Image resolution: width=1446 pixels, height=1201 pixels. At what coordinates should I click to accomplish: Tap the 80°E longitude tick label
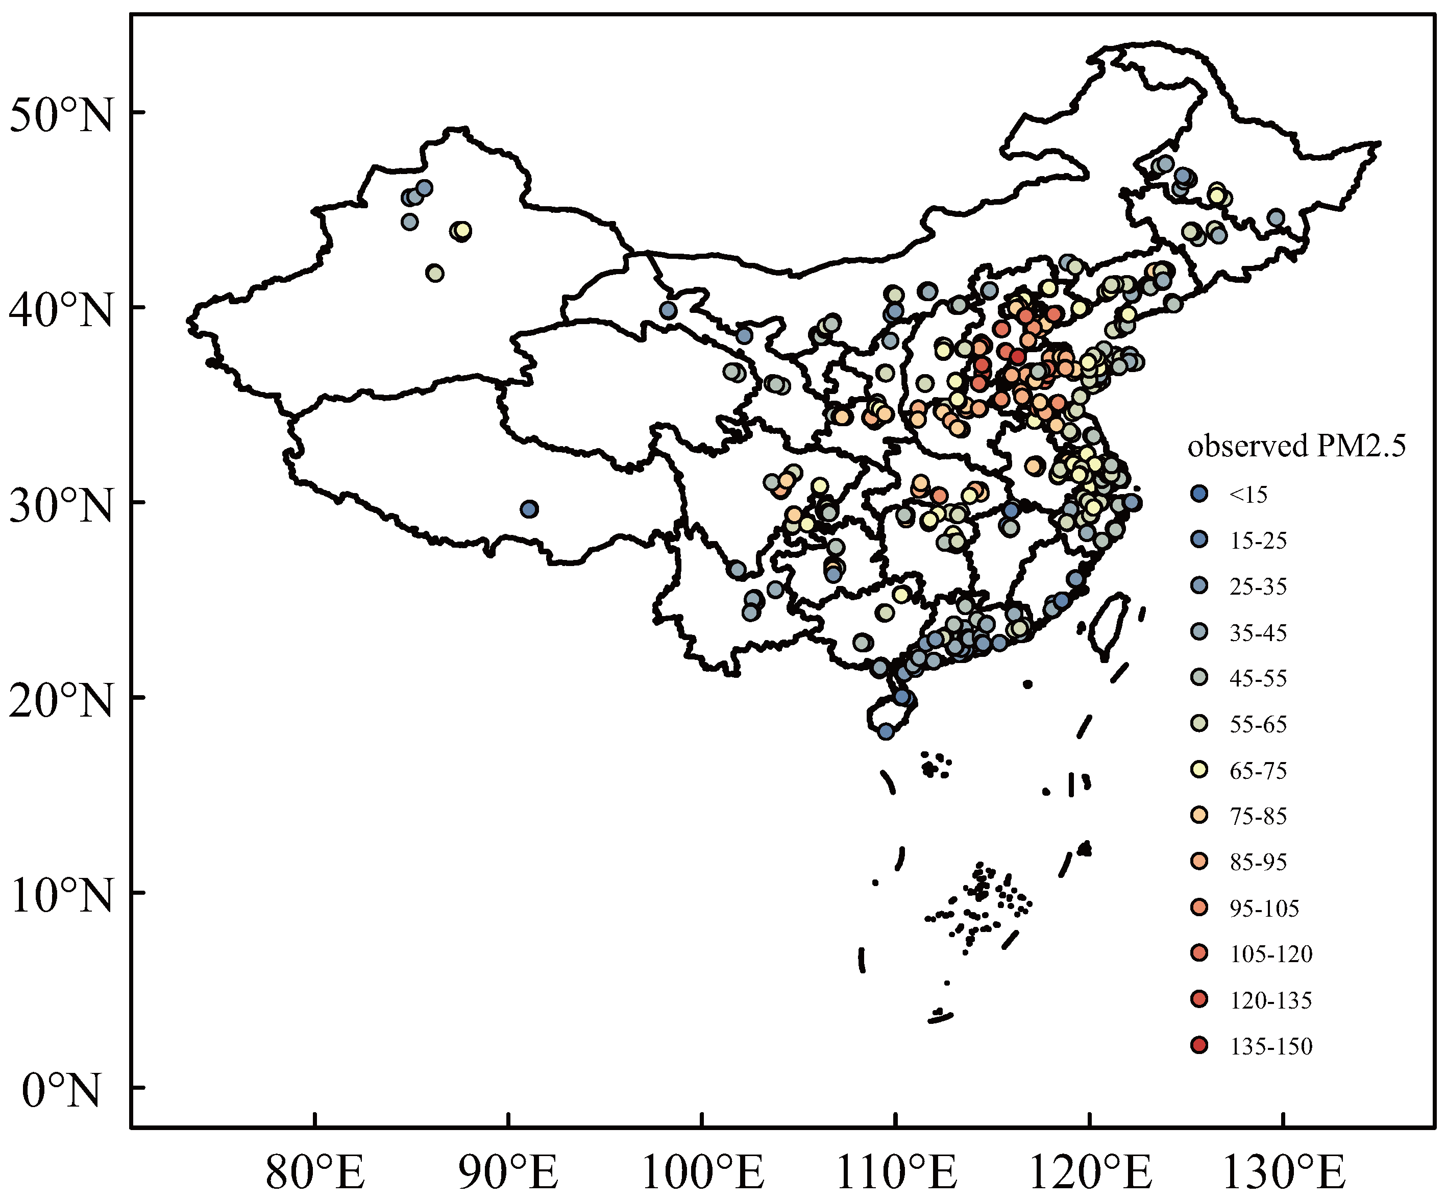[315, 1172]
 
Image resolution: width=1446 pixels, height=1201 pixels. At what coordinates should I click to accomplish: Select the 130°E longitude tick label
[1283, 1172]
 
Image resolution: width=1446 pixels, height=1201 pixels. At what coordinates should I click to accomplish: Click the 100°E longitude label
[702, 1172]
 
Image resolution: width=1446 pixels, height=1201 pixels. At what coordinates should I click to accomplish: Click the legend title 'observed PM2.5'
[1296, 446]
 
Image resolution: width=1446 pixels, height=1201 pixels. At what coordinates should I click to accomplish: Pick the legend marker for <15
[1199, 494]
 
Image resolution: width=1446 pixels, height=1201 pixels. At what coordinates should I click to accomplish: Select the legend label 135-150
[1271, 1046]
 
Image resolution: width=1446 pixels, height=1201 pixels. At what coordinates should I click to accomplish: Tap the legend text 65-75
[1258, 770]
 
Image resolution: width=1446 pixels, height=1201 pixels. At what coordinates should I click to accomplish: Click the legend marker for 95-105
[1199, 908]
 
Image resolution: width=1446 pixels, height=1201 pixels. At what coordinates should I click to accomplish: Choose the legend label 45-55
[1258, 678]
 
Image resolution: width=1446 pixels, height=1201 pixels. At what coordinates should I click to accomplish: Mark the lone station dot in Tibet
[529, 509]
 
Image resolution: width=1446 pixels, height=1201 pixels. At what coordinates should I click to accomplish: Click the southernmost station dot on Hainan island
[886, 731]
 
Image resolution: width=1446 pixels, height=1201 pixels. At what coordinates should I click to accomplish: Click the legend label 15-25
[1258, 541]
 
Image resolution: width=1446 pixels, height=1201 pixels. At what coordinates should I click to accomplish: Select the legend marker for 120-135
[1199, 999]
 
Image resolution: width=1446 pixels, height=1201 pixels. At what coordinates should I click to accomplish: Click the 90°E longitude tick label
[508, 1172]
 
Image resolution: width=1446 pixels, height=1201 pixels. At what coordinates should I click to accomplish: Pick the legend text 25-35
[1258, 587]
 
